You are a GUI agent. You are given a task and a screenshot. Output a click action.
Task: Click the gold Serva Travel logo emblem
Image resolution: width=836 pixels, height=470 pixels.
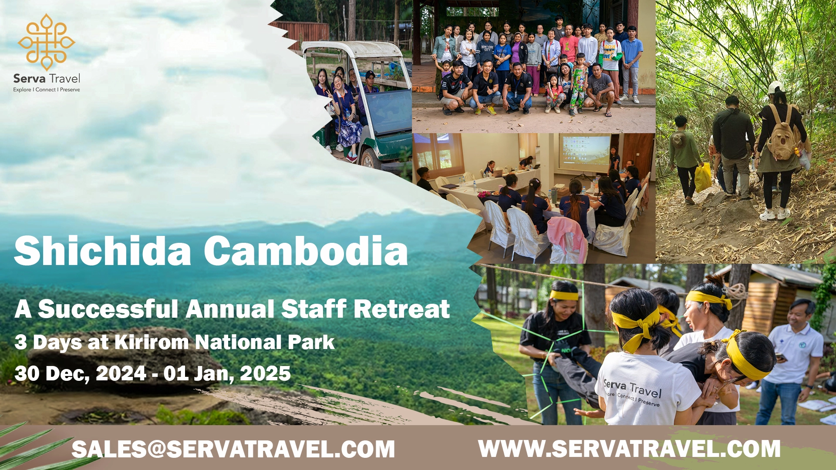tap(47, 42)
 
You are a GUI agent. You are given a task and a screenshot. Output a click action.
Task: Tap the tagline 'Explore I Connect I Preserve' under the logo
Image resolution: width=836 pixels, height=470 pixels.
tap(47, 90)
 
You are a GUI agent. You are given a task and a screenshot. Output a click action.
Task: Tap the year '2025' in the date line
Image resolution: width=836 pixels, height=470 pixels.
tap(265, 373)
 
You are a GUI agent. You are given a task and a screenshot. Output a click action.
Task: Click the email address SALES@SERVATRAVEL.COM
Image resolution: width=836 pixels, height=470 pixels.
tap(233, 449)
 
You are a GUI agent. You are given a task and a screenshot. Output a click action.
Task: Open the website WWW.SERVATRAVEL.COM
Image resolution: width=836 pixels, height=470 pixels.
tap(629, 449)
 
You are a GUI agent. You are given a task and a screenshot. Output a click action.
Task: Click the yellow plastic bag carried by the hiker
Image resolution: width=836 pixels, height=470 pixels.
tap(703, 177)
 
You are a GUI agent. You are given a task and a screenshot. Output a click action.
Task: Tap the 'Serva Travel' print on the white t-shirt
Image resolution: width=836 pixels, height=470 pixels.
tap(633, 391)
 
